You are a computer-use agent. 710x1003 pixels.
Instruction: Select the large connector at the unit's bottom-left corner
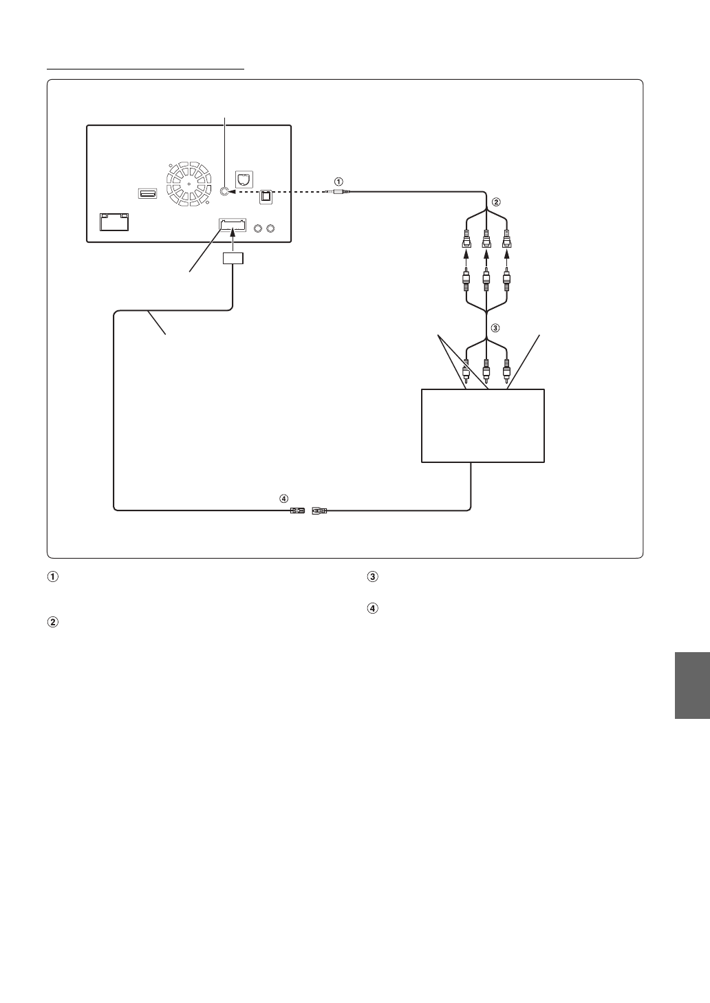click(114, 222)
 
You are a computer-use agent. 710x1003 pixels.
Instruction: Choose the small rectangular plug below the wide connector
click(233, 259)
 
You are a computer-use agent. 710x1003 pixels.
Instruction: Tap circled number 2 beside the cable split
click(496, 202)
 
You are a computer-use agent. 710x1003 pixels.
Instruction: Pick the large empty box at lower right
click(482, 425)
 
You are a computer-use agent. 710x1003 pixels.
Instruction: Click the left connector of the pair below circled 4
click(297, 510)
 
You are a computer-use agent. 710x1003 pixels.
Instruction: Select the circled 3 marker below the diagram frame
click(372, 577)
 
